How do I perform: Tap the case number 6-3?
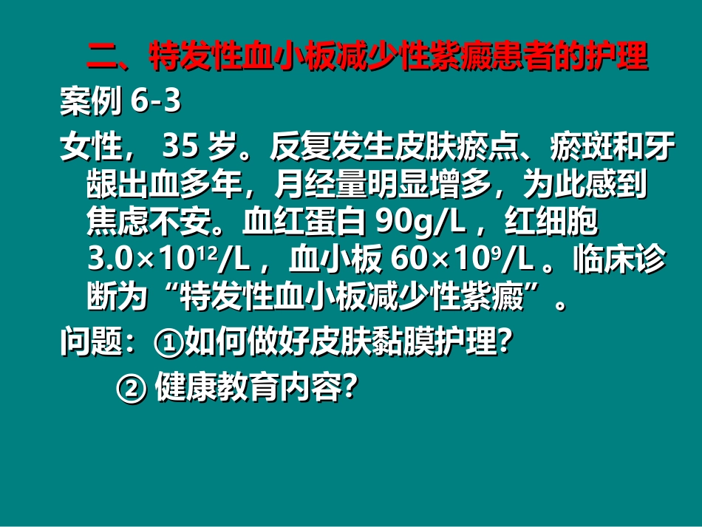point(155,103)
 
